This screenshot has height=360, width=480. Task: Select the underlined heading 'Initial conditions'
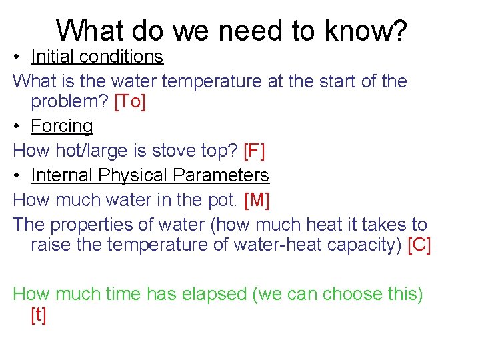tap(97, 57)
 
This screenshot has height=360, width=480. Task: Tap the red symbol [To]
tap(130, 102)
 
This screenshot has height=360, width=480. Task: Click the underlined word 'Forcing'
tap(62, 126)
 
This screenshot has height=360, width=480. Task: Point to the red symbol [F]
tap(255, 151)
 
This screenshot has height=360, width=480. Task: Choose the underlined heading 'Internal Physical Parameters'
tap(150, 175)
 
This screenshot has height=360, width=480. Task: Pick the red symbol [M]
tap(257, 200)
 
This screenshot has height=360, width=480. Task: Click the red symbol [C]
tap(419, 245)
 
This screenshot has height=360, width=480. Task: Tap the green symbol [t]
tap(39, 315)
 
